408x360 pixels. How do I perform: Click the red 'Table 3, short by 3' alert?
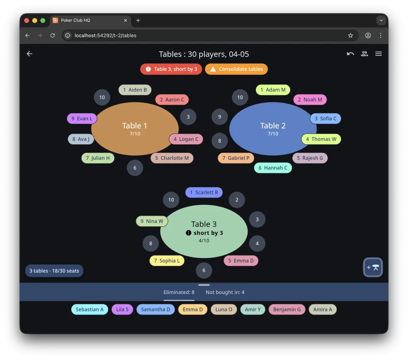click(171, 69)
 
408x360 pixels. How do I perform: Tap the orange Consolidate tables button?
click(236, 69)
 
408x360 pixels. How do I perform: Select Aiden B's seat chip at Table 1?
click(135, 90)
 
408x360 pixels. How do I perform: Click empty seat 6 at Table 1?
click(135, 168)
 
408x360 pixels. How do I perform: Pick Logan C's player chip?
click(186, 139)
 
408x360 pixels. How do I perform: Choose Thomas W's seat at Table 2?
click(321, 139)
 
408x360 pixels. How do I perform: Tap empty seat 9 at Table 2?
click(220, 117)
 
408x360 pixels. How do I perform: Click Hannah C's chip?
click(273, 168)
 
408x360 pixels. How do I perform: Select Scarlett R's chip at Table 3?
click(204, 193)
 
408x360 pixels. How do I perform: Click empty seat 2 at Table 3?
click(237, 200)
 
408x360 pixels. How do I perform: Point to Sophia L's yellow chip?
click(167, 261)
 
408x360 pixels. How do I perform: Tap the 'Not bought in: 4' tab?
click(225, 292)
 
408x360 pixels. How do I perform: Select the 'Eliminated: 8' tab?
click(179, 292)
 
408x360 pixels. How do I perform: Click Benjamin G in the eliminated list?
click(287, 309)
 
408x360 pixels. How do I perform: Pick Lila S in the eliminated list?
click(122, 309)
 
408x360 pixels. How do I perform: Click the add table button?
click(373, 268)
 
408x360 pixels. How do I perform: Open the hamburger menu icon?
click(379, 54)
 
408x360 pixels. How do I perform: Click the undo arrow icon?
click(350, 54)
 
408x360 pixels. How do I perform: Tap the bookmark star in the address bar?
click(351, 35)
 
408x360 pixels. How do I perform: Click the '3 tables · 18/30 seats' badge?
click(54, 271)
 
